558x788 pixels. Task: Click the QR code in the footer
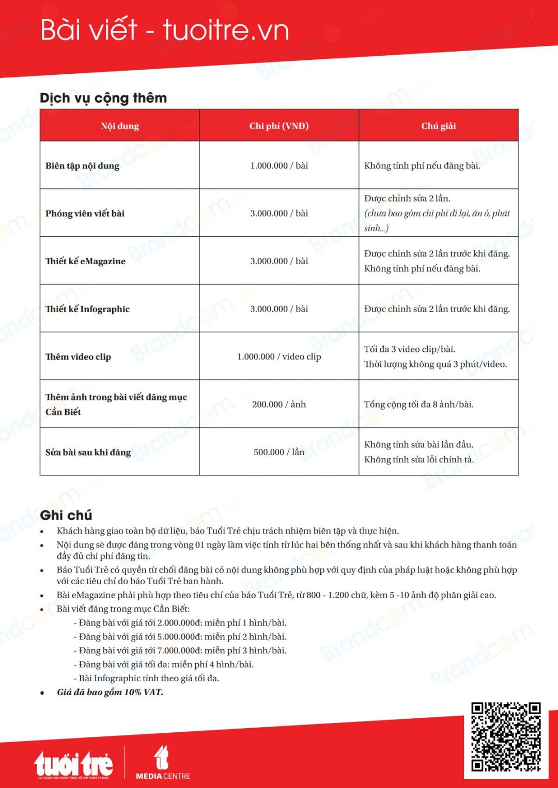tap(506, 736)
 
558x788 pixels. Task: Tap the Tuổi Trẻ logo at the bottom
tap(73, 764)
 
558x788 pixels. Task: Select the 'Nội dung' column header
tap(120, 126)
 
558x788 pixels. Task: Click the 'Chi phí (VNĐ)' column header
tap(279, 126)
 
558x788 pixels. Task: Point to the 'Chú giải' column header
tap(439, 126)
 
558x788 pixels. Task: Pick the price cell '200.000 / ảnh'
tap(279, 405)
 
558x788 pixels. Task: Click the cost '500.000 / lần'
tap(279, 452)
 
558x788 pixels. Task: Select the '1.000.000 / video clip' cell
tap(279, 357)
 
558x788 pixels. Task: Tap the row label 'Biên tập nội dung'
tap(82, 166)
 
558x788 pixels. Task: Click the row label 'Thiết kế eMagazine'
tap(85, 261)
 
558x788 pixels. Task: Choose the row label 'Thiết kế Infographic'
tap(87, 309)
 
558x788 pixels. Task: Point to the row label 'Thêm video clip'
tap(78, 357)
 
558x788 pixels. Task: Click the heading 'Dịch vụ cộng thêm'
tap(103, 98)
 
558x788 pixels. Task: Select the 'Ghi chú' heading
tap(66, 515)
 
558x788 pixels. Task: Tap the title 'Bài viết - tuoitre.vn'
tap(164, 30)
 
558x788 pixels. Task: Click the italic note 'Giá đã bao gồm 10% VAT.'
tap(110, 693)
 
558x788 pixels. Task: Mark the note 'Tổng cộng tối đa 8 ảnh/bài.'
tap(419, 405)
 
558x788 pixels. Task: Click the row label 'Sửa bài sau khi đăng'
tap(88, 452)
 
